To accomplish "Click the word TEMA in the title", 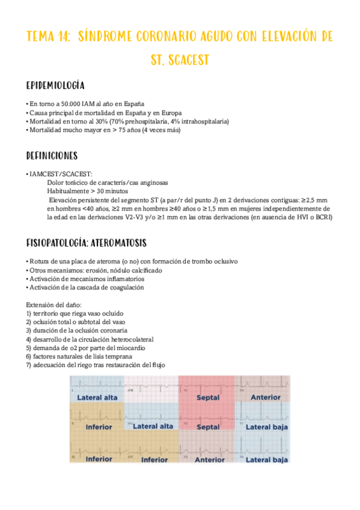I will pyautogui.click(x=41, y=37).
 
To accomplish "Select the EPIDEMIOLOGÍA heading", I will pyautogui.click(x=55, y=85).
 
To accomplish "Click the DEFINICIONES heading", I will pyautogui.click(x=52, y=156).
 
